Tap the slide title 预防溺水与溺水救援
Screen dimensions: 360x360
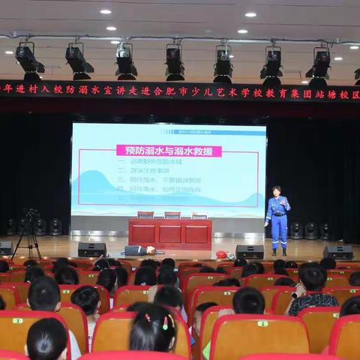point(169,151)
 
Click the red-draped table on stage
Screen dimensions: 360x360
point(169,232)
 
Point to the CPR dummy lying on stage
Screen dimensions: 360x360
point(139,250)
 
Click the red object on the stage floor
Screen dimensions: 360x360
point(222,255)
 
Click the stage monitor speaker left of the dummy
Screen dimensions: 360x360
point(91,250)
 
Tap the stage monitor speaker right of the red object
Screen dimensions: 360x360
point(249,252)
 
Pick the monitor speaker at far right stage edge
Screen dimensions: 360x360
point(338,252)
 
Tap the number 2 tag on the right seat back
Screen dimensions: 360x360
point(262,323)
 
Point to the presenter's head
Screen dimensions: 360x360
point(277,190)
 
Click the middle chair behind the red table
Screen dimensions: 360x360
point(172,214)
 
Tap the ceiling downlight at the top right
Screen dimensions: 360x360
point(250,14)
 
